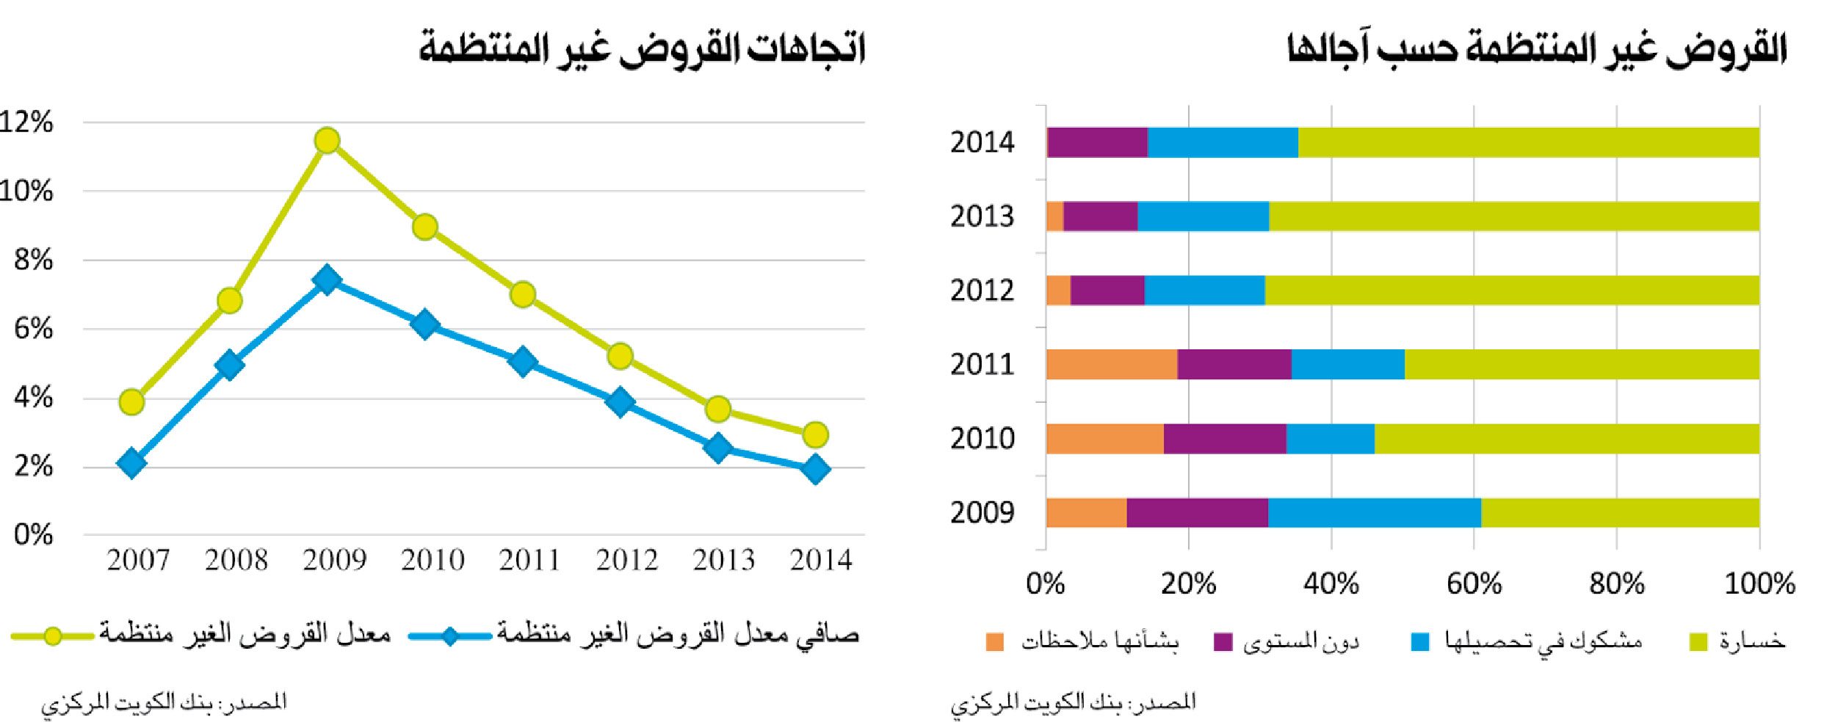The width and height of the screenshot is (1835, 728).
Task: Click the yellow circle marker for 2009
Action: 327,140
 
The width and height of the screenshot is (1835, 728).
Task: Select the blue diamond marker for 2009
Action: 327,280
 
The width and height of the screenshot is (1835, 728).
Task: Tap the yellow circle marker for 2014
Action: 815,434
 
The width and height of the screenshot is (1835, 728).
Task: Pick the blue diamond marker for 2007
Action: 131,463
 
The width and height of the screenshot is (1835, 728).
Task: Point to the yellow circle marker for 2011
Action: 522,294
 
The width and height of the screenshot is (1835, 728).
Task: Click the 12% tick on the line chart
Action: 26,122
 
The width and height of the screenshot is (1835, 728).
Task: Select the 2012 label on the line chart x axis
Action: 626,560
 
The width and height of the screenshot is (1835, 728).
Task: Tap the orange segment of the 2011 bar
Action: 1111,364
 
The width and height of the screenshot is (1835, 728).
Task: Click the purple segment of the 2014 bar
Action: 1096,142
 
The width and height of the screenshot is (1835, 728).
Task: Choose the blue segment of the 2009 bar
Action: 1374,512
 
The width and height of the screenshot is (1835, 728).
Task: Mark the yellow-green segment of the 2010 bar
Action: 1566,438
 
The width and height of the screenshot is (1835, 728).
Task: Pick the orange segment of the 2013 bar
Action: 1054,216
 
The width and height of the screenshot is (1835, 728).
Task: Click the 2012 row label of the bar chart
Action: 982,291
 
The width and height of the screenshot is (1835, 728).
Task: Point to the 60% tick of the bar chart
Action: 1474,583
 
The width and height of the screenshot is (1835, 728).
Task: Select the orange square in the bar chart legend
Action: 994,641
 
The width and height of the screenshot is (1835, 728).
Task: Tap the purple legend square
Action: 1223,641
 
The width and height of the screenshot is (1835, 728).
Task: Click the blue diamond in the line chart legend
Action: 449,636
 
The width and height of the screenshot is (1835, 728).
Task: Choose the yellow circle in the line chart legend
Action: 52,636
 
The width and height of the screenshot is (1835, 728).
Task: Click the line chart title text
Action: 642,48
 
